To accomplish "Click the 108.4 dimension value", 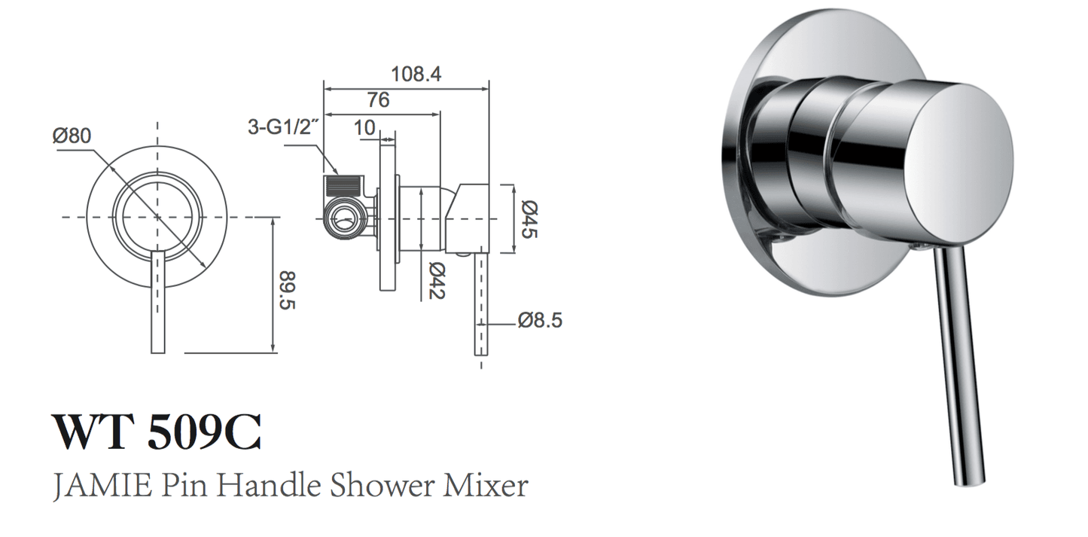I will point(416,75).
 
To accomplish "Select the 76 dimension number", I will point(378,100).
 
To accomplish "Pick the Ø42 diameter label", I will point(436,280).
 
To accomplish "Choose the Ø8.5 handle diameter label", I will point(539,321).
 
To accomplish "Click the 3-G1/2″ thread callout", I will point(285,127).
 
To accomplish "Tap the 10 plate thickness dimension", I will point(364,128).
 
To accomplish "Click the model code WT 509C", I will point(157,432).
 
